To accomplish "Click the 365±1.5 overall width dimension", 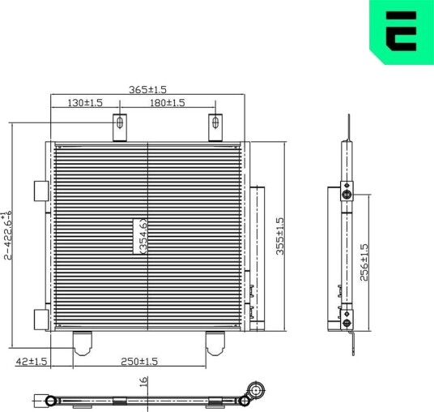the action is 148,89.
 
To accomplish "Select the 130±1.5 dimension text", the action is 85,103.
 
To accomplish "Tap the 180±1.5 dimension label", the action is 167,103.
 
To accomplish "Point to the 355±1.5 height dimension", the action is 280,236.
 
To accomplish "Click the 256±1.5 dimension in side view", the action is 364,262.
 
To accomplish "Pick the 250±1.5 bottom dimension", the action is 139,361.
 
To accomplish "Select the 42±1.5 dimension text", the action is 32,361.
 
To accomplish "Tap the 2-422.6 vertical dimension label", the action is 7,236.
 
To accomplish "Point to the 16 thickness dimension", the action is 143,382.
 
